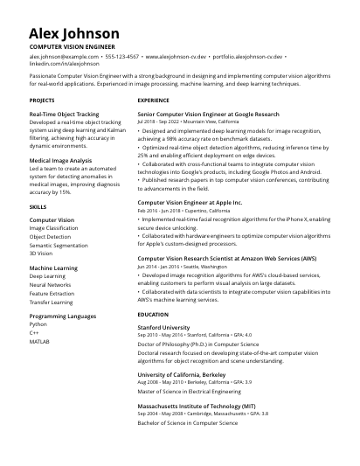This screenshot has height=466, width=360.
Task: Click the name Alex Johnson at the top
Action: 73,33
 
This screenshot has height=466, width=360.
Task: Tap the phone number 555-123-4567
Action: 121,55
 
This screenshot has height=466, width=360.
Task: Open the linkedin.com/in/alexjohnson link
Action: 64,63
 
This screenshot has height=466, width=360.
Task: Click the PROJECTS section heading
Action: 42,101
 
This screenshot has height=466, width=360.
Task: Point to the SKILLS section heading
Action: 38,206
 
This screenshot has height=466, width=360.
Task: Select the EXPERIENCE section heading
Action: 154,101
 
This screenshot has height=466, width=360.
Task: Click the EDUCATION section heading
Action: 153,314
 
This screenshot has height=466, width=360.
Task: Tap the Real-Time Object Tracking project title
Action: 64,115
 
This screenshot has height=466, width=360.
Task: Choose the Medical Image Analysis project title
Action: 60,161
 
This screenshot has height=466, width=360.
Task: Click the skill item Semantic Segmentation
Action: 59,246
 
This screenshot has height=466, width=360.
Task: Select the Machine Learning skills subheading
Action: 53,268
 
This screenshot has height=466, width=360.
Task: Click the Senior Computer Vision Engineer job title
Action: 208,115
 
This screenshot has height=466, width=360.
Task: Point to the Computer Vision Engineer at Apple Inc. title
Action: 190,202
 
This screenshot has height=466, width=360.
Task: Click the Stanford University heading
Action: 163,327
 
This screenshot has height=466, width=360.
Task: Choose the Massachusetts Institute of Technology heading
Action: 197,406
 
